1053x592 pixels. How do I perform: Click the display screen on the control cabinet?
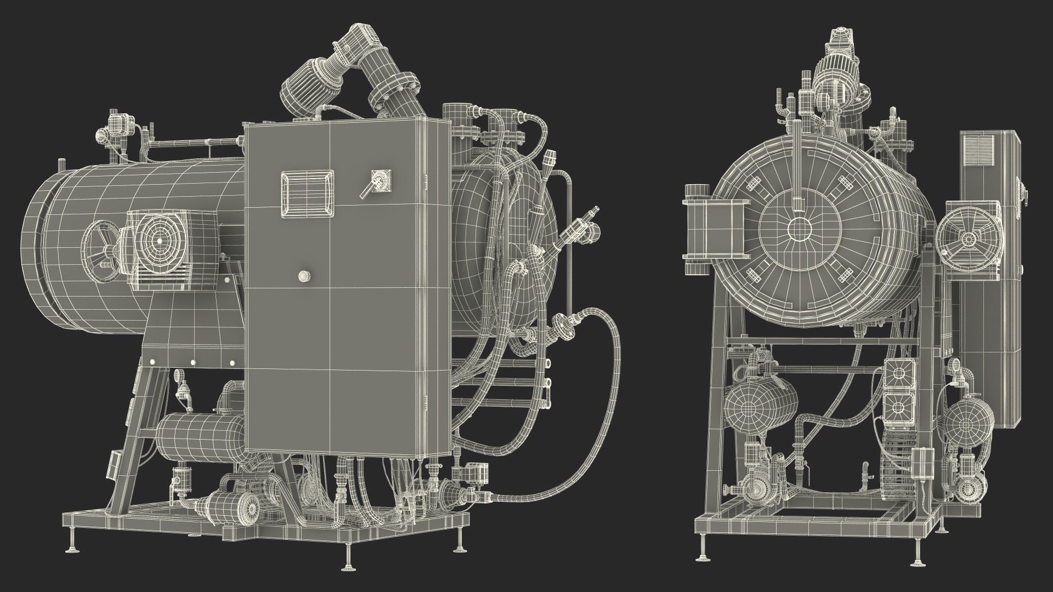pos(307,193)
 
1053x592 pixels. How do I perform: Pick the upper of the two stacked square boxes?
pos(898,373)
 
